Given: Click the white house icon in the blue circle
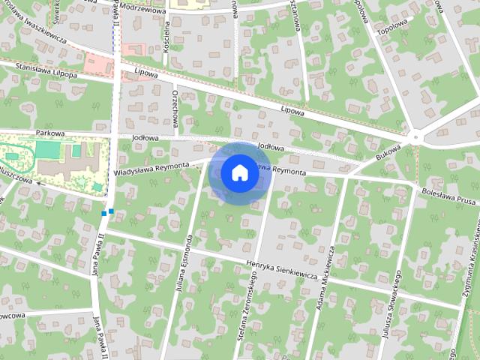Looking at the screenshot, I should pos(239,172).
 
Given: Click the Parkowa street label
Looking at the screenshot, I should pos(50,133).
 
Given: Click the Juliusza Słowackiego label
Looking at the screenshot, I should pos(390,314).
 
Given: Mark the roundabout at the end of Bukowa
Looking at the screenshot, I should pos(415,138).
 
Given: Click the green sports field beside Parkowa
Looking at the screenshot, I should pos(46,149).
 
